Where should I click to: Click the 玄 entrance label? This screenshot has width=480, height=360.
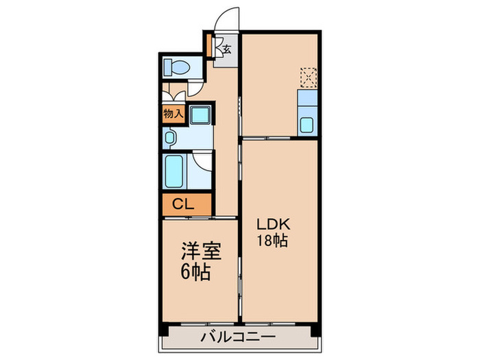point(226,49)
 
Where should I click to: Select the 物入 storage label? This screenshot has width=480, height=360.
point(173,114)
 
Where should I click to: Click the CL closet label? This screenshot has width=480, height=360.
point(182,203)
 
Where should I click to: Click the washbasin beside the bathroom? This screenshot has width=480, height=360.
point(170,137)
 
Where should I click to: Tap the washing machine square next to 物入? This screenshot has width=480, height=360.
point(200,116)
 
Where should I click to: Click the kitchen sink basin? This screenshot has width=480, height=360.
point(308,126)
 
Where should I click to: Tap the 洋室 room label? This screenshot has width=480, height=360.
point(201,252)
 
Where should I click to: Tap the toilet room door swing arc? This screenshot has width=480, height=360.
point(197,86)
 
